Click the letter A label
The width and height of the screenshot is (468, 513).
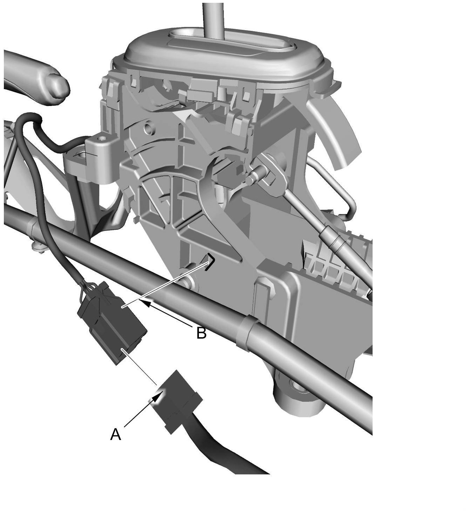[x=115, y=434]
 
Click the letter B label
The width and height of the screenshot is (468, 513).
[x=201, y=333]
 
